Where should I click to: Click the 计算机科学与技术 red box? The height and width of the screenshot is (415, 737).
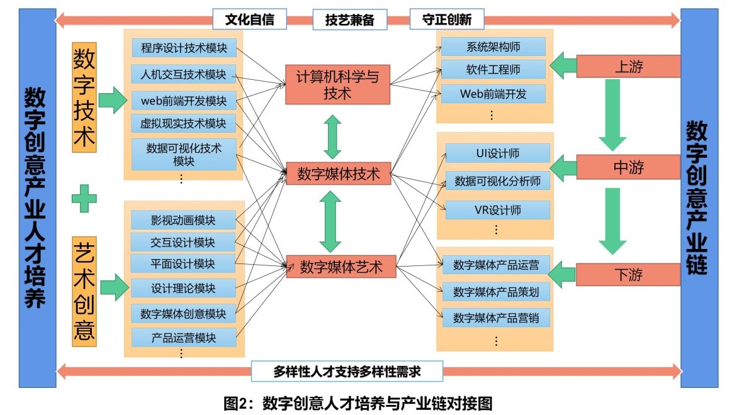[x=337, y=84]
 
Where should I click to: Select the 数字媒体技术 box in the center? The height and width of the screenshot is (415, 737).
[x=339, y=174]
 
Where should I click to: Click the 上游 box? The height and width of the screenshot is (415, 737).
[x=628, y=67]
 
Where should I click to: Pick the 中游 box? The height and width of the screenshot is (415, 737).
[x=628, y=168]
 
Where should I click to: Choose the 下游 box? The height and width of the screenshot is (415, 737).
[x=628, y=274]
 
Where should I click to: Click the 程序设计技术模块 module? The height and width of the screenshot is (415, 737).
[x=184, y=48]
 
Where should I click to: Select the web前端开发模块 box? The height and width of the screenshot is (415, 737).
[x=184, y=101]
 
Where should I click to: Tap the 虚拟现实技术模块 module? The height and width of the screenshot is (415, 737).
[x=184, y=123]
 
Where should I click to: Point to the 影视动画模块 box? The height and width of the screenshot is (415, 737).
[x=183, y=220]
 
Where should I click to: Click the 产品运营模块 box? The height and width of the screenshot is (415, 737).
[x=183, y=337]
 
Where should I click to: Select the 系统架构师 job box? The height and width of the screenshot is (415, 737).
[x=493, y=47]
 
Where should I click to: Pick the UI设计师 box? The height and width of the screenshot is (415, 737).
[x=498, y=153]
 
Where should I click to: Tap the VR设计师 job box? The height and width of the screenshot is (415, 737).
[x=498, y=209]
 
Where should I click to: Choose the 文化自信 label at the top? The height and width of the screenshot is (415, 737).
[x=250, y=19]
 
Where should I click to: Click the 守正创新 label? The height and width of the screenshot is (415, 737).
[x=447, y=19]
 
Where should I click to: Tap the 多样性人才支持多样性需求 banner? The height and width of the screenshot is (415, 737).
[x=347, y=371]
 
